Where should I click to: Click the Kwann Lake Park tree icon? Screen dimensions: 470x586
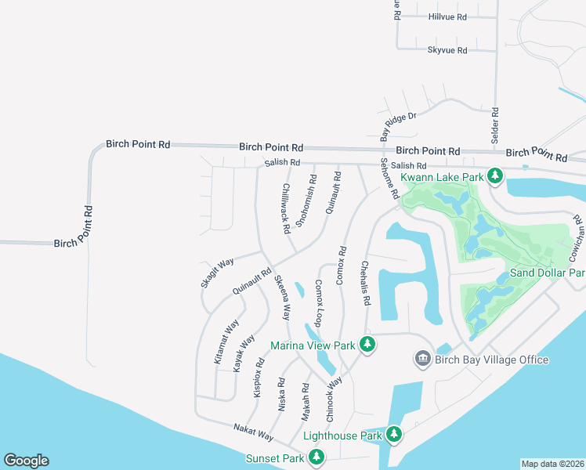click(x=494, y=176)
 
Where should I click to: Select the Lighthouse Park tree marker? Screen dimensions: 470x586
click(x=394, y=434)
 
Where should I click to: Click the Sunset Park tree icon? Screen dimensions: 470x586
click(x=317, y=457)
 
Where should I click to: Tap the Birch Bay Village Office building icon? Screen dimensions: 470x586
click(x=422, y=358)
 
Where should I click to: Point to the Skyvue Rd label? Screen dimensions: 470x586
click(x=447, y=50)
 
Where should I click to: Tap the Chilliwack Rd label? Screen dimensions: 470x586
click(x=286, y=208)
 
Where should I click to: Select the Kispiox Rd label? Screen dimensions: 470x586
click(x=259, y=378)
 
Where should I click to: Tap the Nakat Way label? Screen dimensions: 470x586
click(x=253, y=431)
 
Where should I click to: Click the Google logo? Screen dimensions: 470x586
click(x=26, y=461)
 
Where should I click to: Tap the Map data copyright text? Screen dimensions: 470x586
click(x=552, y=464)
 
